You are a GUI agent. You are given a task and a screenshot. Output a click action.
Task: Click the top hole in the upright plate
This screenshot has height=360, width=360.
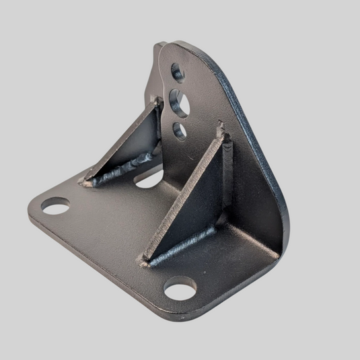click(178, 71)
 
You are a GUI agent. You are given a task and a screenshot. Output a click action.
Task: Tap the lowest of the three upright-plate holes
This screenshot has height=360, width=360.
click(180, 131)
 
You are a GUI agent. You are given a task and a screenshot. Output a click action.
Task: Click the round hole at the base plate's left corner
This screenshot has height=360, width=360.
click(55, 205)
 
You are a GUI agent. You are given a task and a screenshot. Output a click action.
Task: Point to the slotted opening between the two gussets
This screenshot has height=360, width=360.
click(149, 180)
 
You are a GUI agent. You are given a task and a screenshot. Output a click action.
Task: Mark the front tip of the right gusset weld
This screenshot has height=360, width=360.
click(145, 263)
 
